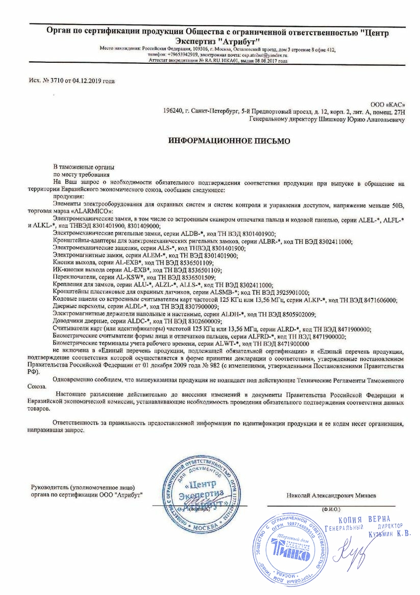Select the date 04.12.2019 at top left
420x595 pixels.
pyautogui.click(x=88, y=81)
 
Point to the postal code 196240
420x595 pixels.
pyautogui.click(x=172, y=111)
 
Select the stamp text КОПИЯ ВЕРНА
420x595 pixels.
pyautogui.click(x=369, y=519)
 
